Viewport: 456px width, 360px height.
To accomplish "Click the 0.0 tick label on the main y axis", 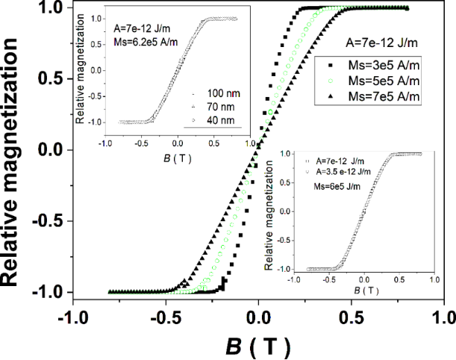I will point(50,150).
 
